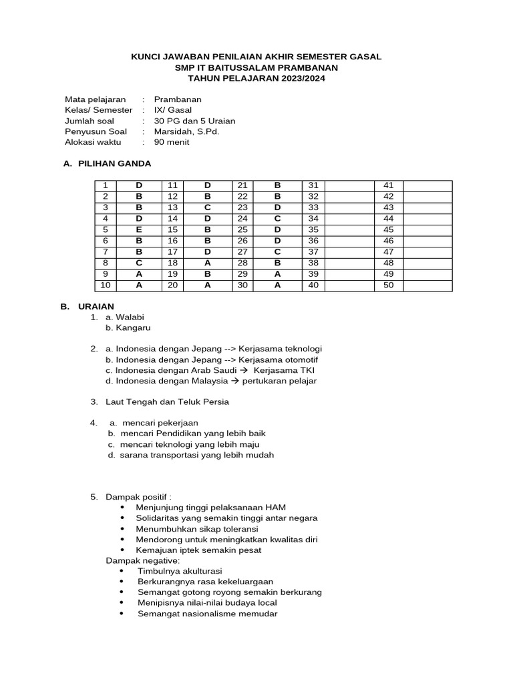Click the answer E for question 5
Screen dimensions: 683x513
(x=139, y=229)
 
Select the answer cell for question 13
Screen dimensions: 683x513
(x=207, y=207)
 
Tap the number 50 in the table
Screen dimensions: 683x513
(x=389, y=285)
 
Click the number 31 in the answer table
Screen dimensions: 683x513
(x=313, y=185)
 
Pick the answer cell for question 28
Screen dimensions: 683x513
(x=277, y=263)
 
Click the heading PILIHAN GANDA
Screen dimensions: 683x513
(x=115, y=163)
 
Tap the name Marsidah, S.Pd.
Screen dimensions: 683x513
(x=186, y=131)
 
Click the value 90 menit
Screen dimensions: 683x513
(x=172, y=142)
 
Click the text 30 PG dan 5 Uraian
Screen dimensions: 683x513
(x=194, y=121)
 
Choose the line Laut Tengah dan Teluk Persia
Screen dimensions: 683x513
(x=167, y=402)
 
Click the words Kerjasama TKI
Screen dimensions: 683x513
(x=284, y=370)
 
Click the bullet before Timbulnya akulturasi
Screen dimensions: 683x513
(x=121, y=572)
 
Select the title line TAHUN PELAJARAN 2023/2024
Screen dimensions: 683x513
(x=256, y=78)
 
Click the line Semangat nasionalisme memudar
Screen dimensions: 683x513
(x=207, y=614)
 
